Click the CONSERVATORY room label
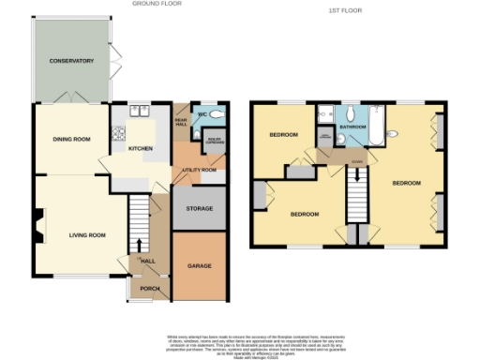[72, 61]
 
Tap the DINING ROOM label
[71, 139]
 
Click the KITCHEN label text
[140, 149]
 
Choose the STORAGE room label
[200, 208]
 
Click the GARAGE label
[200, 265]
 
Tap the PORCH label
[150, 288]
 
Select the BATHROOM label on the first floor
[352, 127]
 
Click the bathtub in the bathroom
[377, 127]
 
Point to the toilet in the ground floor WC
[217, 114]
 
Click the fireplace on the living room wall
[37, 221]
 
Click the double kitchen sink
[141, 110]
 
